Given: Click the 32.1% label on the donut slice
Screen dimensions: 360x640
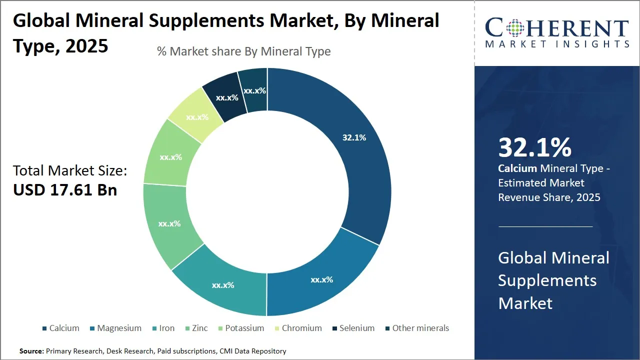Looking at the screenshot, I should [x=354, y=137].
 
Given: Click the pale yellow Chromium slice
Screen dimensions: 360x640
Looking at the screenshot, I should [x=196, y=116].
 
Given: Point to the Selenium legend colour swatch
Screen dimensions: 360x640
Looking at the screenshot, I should [x=334, y=328].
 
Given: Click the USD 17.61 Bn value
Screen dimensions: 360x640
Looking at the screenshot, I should [x=65, y=190].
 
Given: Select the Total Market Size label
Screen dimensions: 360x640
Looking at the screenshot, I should [x=70, y=170].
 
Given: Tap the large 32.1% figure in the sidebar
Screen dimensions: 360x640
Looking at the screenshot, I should [x=534, y=147].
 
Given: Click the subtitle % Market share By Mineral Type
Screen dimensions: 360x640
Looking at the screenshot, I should [x=243, y=51].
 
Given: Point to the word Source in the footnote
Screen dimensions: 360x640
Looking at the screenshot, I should [x=31, y=351].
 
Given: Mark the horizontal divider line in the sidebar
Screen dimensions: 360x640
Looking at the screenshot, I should [x=545, y=226].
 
